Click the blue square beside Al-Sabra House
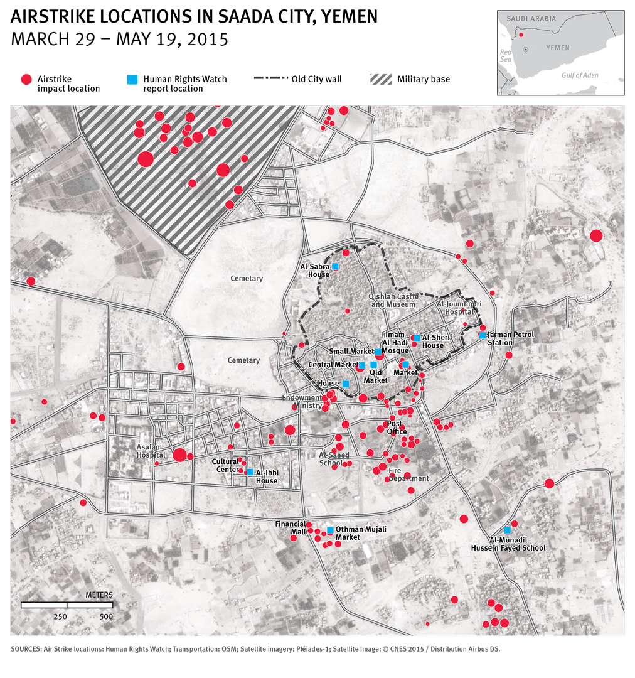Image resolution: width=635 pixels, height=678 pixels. point(335,267)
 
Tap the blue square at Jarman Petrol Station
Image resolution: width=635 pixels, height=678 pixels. point(482,335)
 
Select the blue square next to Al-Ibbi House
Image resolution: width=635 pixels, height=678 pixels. point(250,472)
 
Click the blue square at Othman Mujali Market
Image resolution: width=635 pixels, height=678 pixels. point(330,530)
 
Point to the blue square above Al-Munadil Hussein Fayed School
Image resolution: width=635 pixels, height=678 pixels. point(507,530)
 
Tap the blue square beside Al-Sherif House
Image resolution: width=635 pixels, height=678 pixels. point(417,338)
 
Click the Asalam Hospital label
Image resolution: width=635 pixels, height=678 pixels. point(151,451)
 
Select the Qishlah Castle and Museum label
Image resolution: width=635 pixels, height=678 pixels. point(393,300)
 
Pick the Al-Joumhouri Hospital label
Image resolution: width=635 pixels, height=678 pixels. point(459,307)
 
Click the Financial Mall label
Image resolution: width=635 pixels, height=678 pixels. point(290,527)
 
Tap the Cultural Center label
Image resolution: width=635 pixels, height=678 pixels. point(225,465)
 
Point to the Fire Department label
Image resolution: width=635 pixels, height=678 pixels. point(408,475)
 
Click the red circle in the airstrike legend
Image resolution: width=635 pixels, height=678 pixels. point(26,80)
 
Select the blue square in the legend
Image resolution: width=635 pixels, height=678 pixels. point(132,80)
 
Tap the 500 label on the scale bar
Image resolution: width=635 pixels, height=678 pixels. point(106,616)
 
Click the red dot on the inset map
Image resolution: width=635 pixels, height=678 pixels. point(521,35)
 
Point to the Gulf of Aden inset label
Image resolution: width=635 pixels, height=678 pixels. point(580,75)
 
